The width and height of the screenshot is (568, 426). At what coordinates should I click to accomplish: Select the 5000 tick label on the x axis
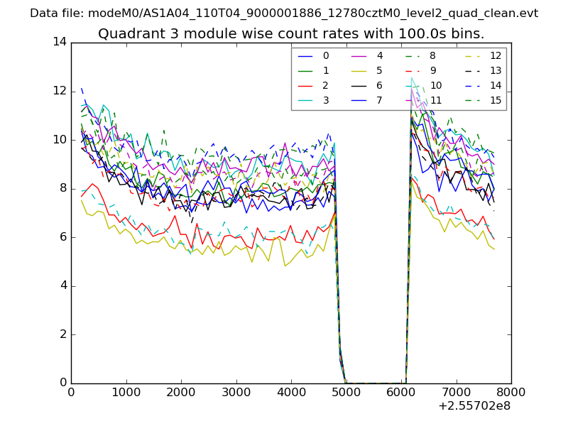tap(346, 392)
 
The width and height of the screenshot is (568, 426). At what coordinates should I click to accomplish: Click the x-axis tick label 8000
tap(510, 392)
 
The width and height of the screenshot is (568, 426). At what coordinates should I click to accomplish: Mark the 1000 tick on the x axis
tap(126, 392)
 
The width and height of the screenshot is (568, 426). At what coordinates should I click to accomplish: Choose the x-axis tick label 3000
tap(236, 392)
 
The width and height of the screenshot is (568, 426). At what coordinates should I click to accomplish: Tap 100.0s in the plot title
tap(400, 34)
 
